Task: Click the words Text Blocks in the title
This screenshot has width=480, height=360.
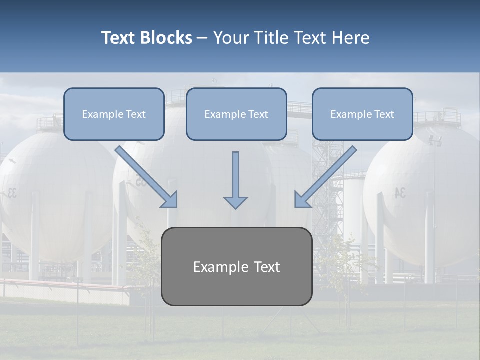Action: [x=146, y=38]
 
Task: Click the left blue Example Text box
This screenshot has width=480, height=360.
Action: [x=114, y=114]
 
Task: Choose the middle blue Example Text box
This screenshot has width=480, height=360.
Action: [x=236, y=114]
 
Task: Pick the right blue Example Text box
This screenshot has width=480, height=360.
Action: [x=362, y=114]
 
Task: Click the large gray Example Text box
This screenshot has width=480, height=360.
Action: [x=236, y=267]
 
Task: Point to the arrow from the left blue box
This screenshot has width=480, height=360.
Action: [x=145, y=175]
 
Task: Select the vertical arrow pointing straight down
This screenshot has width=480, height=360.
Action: [x=235, y=177]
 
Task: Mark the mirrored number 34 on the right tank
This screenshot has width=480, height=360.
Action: [x=400, y=193]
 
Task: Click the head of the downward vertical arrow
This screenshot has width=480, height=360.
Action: [x=235, y=202]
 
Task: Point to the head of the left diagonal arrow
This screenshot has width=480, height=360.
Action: [x=170, y=199]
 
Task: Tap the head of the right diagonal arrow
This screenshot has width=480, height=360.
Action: [x=302, y=199]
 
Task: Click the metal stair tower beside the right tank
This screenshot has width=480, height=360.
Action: [x=327, y=190]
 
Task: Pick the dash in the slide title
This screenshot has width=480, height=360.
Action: [x=202, y=38]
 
